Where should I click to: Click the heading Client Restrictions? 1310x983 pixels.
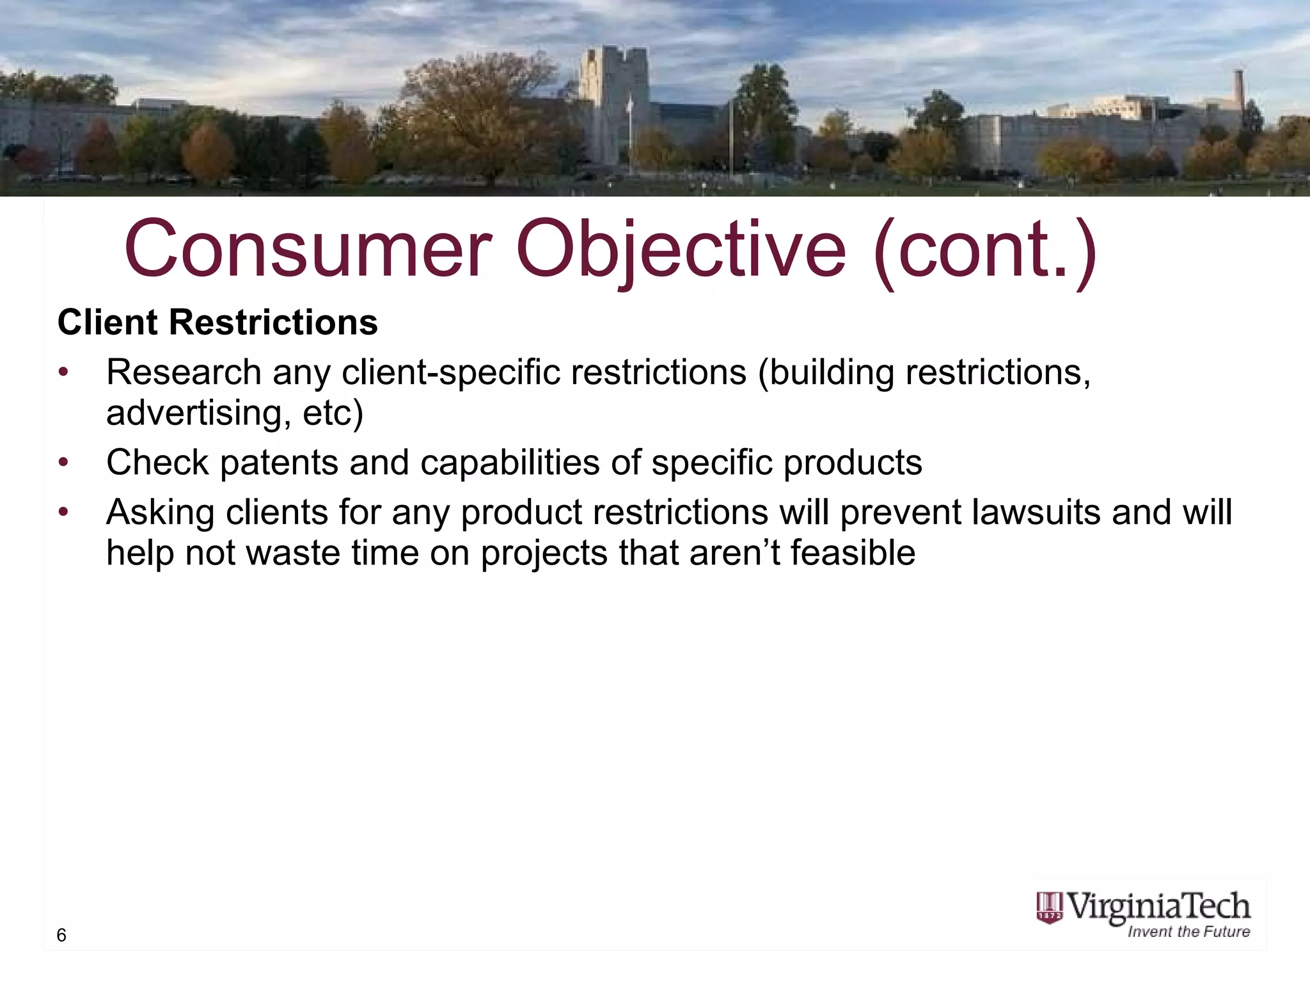[217, 322]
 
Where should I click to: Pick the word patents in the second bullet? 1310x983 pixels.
[279, 462]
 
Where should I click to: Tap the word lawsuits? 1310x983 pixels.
[1036, 512]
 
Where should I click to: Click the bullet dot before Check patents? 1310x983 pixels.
[63, 462]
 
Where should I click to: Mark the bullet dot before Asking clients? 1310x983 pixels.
[63, 512]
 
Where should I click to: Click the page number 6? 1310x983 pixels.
[61, 935]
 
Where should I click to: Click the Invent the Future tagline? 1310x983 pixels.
[1188, 932]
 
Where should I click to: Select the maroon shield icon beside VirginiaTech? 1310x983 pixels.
[1049, 909]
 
